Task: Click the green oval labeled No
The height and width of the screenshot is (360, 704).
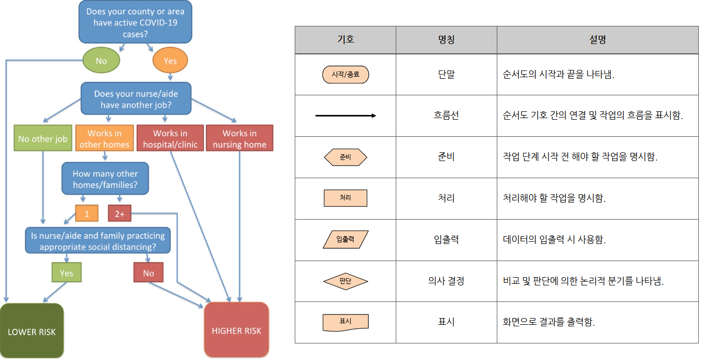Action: [101, 61]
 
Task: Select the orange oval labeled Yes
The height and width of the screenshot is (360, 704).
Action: [170, 61]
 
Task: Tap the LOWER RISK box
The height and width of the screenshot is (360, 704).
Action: [32, 332]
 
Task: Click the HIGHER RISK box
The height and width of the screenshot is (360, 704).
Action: [237, 330]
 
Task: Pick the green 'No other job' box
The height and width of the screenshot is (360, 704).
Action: [43, 139]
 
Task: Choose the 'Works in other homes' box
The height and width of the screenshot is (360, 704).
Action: [104, 139]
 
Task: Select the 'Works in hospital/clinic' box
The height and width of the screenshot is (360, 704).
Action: [170, 139]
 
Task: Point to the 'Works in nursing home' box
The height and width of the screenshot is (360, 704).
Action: [239, 139]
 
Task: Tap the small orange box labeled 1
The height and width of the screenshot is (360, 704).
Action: [87, 213]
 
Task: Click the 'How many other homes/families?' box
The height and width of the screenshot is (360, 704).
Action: [105, 179]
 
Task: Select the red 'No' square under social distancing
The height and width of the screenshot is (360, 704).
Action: [149, 272]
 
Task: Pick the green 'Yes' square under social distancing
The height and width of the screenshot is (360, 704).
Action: [66, 272]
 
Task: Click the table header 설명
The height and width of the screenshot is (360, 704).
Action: [597, 39]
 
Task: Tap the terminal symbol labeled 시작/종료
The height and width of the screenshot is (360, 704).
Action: [346, 75]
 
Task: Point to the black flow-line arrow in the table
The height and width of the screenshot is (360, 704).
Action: [346, 116]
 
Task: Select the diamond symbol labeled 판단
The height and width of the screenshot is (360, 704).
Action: [346, 281]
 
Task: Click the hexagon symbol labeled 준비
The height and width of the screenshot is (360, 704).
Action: [346, 157]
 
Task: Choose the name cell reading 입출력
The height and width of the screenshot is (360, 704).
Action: [446, 239]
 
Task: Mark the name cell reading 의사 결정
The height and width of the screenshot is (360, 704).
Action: [446, 281]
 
